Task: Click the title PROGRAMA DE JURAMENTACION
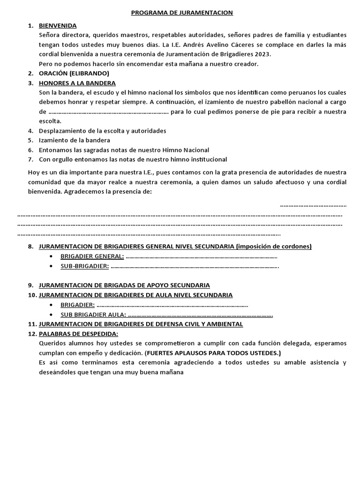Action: point(181,13)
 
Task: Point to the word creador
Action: point(245,64)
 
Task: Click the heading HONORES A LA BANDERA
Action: point(77,83)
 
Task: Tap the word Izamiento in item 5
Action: point(53,140)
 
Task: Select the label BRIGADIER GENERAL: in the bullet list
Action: point(92,256)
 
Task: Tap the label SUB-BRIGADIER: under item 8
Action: point(84,266)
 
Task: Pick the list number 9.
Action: point(30,285)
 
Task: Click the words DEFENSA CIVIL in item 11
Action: point(181,324)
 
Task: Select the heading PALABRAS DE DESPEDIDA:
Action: point(78,333)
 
